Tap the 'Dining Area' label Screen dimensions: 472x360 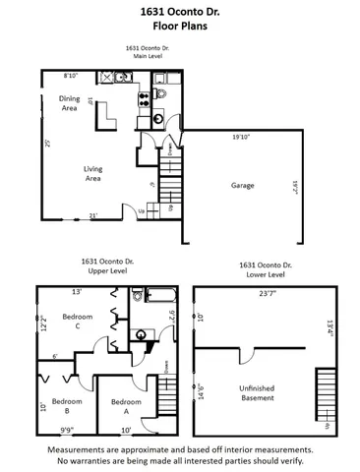point(69,102)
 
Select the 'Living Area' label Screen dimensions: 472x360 point(92,173)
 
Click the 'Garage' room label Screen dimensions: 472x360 point(243,185)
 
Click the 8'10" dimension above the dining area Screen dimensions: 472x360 point(71,76)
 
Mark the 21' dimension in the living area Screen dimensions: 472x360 point(93,215)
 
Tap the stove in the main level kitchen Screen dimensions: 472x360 point(143,97)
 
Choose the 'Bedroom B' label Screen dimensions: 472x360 point(66,401)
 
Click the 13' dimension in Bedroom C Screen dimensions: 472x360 point(76,292)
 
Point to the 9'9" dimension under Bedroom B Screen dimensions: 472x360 point(67,429)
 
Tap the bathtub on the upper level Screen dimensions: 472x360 point(159,295)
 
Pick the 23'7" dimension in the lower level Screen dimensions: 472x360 point(259,292)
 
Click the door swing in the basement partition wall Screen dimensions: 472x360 point(250,357)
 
